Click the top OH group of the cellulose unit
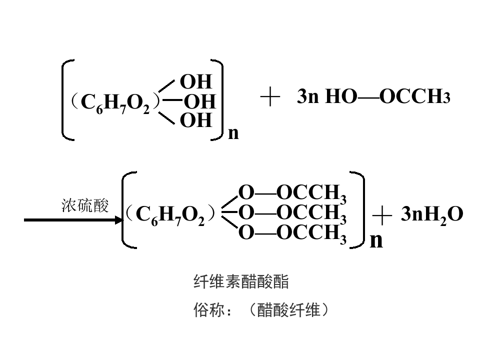coord(196,81)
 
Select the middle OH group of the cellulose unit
coord(200,101)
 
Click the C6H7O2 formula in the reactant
coord(115,102)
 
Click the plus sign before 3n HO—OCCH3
coord(270,96)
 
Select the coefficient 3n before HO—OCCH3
coord(308,96)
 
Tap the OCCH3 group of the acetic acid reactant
coord(415,96)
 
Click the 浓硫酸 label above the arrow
coord(85,205)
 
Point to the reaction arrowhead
coord(119,220)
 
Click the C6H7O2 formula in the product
coord(170,214)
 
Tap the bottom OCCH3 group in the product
coord(311,234)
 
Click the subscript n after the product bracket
coord(376,240)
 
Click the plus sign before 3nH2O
coord(382,215)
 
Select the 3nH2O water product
coord(432,214)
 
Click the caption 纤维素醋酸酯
coord(241,281)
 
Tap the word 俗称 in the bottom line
coord(209,310)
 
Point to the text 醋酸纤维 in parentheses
coord(288,310)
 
